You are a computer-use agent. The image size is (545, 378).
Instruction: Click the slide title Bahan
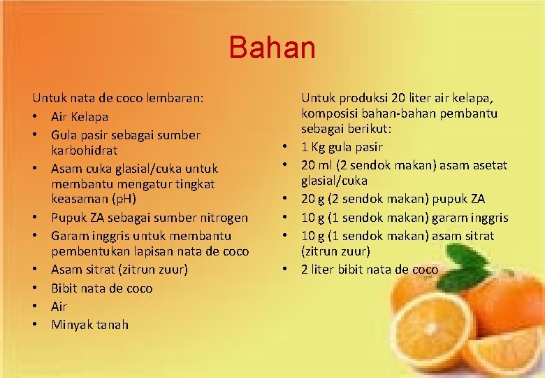pyautogui.click(x=272, y=48)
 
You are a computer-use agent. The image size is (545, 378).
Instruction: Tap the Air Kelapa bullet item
pyautogui.click(x=80, y=116)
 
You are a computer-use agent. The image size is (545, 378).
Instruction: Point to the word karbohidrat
pyautogui.click(x=84, y=150)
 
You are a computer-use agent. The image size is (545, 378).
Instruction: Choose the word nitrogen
pyautogui.click(x=223, y=218)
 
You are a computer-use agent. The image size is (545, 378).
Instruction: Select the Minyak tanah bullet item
pyautogui.click(x=89, y=325)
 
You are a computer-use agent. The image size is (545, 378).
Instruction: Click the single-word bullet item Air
pyautogui.click(x=59, y=307)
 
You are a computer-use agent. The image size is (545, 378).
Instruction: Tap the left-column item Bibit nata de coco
pyautogui.click(x=101, y=288)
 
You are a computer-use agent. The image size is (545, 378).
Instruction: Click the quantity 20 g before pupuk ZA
pyautogui.click(x=314, y=199)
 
